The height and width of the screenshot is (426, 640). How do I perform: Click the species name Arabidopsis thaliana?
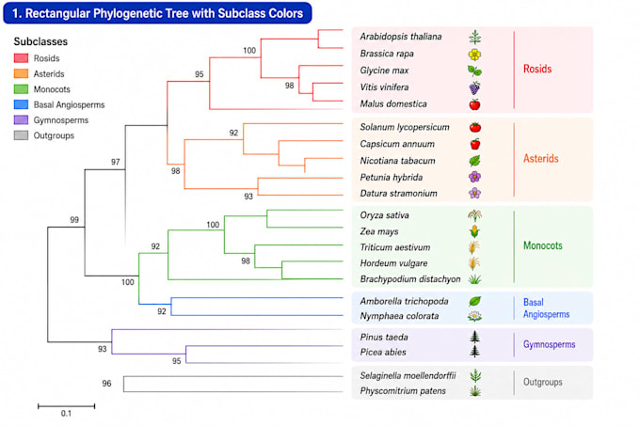(x=400, y=37)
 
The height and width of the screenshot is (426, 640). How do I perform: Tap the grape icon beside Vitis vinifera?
(x=474, y=87)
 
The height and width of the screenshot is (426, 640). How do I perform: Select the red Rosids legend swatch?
(x=21, y=58)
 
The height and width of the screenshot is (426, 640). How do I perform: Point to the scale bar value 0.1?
(x=66, y=414)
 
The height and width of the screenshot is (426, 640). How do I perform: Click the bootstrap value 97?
(x=116, y=162)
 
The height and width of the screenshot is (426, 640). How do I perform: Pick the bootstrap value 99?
(x=74, y=220)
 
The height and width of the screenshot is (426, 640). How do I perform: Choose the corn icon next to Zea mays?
(x=474, y=231)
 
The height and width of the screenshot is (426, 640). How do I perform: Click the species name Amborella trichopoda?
(x=404, y=301)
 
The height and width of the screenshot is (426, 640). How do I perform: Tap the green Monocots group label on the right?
(x=543, y=245)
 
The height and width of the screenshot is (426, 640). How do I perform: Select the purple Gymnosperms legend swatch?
(x=21, y=119)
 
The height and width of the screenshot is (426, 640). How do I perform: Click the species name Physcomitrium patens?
(x=403, y=391)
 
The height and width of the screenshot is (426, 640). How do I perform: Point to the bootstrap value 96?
(x=106, y=383)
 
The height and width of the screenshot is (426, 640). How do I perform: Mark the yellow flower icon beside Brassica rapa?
(x=474, y=55)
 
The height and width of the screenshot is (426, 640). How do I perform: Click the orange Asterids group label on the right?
(x=541, y=158)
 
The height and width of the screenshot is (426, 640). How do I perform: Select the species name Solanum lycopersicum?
(x=405, y=127)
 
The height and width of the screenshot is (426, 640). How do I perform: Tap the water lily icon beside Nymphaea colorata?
(x=474, y=316)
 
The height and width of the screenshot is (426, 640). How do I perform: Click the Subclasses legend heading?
(x=40, y=41)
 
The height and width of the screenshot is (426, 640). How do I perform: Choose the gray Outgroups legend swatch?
(x=21, y=135)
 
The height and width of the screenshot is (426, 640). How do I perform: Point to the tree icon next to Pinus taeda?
(x=474, y=337)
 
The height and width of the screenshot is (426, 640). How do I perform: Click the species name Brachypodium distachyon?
(x=410, y=279)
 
